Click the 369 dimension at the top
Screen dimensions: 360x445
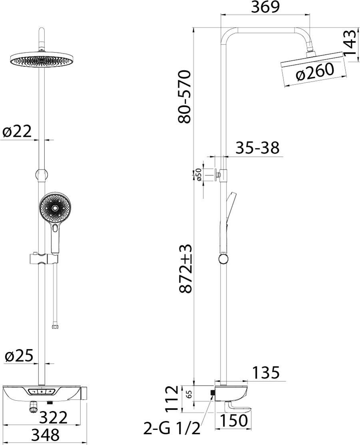pos(266,7)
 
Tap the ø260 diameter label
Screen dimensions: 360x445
pos(314,72)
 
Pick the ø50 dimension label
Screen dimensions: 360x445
pos(198,174)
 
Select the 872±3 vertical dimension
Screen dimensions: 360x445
pos(186,268)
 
